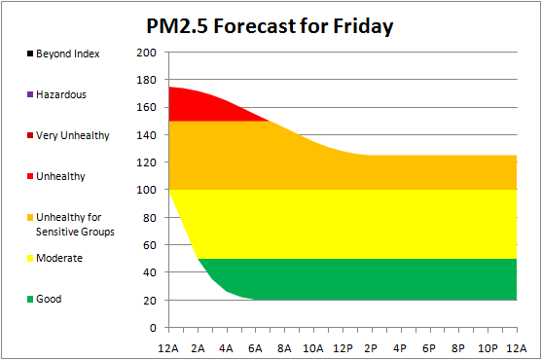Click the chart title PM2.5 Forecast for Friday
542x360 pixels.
click(270, 26)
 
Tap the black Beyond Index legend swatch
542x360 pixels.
click(30, 54)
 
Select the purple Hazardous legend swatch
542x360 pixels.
click(30, 94)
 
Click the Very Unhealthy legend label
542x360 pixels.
click(73, 136)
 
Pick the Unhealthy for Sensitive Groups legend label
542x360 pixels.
click(75, 225)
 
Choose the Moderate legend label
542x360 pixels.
click(59, 258)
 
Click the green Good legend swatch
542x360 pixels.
click(30, 299)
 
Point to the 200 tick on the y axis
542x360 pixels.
click(146, 53)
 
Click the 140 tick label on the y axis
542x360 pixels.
click(146, 134)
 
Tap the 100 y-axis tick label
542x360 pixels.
click(146, 190)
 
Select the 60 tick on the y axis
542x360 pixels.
click(150, 245)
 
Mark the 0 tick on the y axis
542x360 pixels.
click(153, 328)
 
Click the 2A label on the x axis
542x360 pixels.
click(198, 348)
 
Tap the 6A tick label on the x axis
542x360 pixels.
click(255, 348)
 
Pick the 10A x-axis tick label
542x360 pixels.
click(313, 348)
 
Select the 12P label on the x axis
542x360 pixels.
click(343, 348)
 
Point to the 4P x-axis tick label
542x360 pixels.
click(400, 348)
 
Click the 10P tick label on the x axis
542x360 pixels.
click(488, 348)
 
